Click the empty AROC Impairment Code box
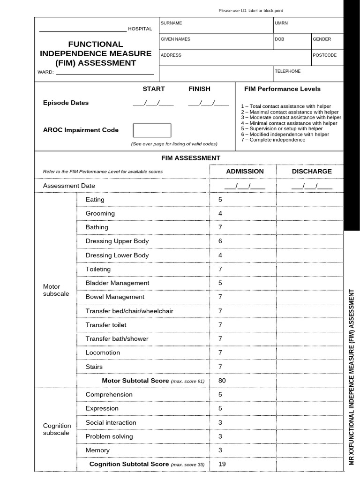[152, 130]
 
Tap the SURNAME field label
[172, 23]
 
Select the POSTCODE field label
[324, 55]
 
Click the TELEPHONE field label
[288, 71]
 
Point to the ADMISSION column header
[245, 172]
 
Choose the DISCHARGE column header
[312, 172]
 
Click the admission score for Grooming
[220, 213]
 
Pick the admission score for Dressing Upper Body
[220, 241]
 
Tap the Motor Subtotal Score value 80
[222, 381]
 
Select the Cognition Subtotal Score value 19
[222, 464]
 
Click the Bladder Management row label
[117, 283]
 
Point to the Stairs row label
[94, 367]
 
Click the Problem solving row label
[109, 436]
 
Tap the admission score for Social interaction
[220, 422]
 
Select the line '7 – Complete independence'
[273, 140]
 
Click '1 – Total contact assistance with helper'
[286, 106]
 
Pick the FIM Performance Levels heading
[282, 89]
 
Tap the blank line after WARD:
[105, 73]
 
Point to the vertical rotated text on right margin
[352, 377]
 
